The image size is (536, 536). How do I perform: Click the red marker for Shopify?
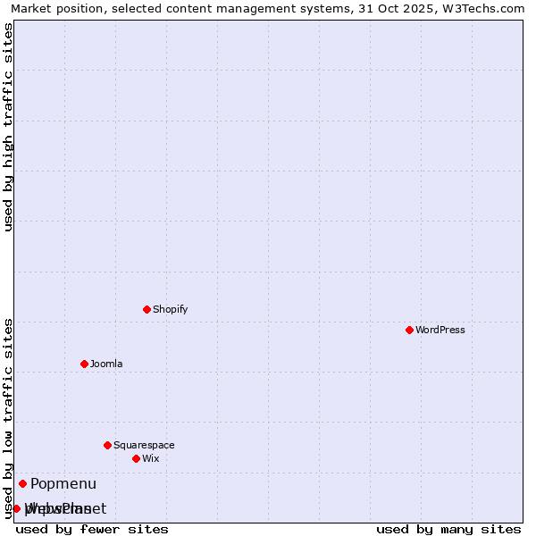147,309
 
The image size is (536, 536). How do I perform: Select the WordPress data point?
409,330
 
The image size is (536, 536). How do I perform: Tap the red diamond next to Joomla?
84,364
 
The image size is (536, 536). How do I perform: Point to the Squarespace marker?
107,445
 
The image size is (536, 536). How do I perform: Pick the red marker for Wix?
136,458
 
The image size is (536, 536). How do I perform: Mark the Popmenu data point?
22,483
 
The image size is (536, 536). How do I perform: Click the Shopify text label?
170,309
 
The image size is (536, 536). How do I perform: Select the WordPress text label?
440,330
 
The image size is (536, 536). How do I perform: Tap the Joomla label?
106,364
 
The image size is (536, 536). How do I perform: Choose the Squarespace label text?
144,445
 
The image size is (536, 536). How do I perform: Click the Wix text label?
150,458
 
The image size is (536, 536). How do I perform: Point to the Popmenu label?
63,484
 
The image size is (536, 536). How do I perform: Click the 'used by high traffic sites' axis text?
9,127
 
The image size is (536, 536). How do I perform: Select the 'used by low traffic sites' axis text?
9,417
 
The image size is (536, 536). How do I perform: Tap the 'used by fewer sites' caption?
92,529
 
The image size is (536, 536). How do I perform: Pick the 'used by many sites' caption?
448,529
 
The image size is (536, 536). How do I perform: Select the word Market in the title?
32,8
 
